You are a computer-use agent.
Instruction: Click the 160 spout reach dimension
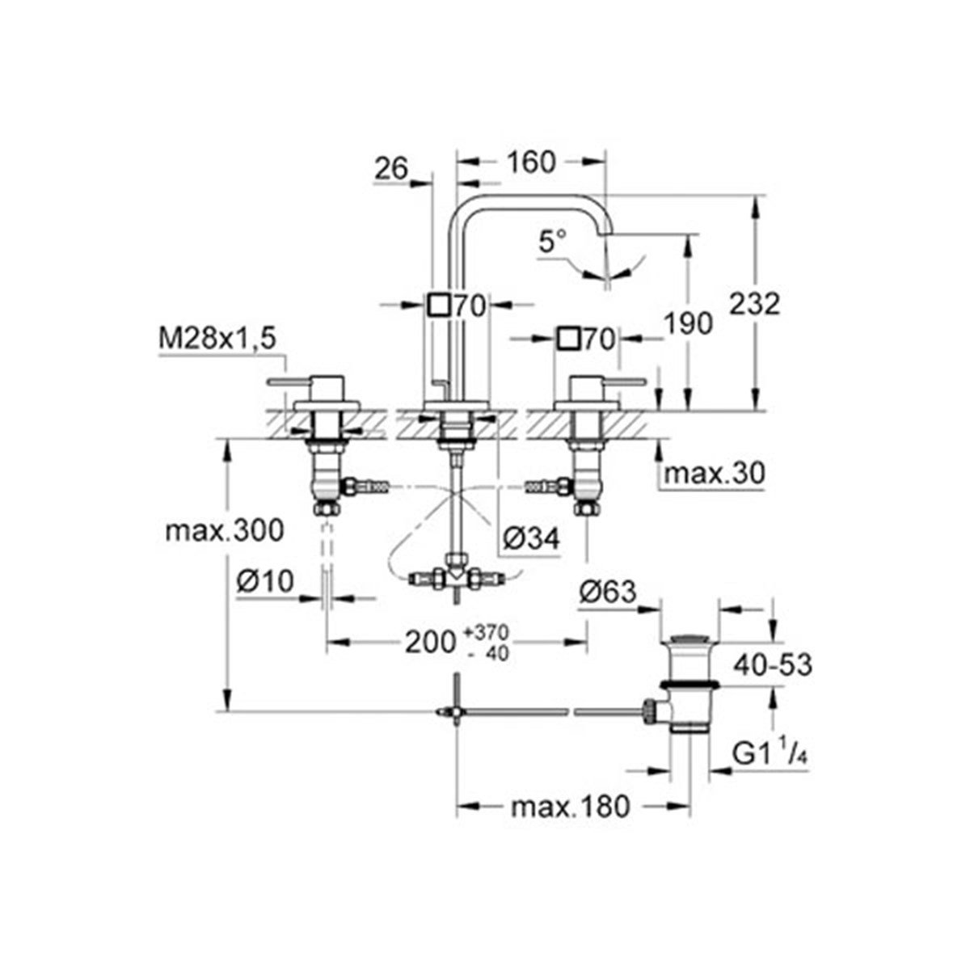[533, 162]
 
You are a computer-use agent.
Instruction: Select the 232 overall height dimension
[753, 305]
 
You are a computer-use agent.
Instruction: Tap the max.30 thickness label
[712, 474]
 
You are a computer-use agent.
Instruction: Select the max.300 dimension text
[223, 531]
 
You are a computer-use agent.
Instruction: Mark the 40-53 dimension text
[772, 664]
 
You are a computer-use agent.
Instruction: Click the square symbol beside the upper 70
[438, 305]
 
